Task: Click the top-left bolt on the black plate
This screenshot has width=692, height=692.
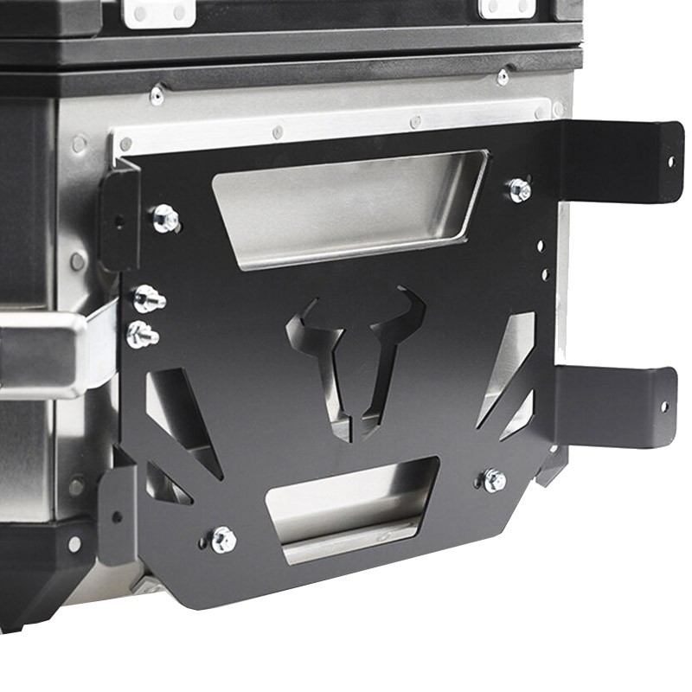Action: coord(165,218)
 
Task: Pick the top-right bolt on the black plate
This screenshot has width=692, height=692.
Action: coord(519,190)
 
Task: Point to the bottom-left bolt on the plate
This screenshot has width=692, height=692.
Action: coord(223,539)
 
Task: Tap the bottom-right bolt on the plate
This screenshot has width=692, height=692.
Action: coord(494,480)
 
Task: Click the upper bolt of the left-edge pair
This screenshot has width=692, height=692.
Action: coord(148,300)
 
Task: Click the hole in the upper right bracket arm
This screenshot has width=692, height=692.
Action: coord(670,160)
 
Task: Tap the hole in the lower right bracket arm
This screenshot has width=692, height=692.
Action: coord(664,406)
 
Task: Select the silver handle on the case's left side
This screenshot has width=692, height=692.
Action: coord(43,355)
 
